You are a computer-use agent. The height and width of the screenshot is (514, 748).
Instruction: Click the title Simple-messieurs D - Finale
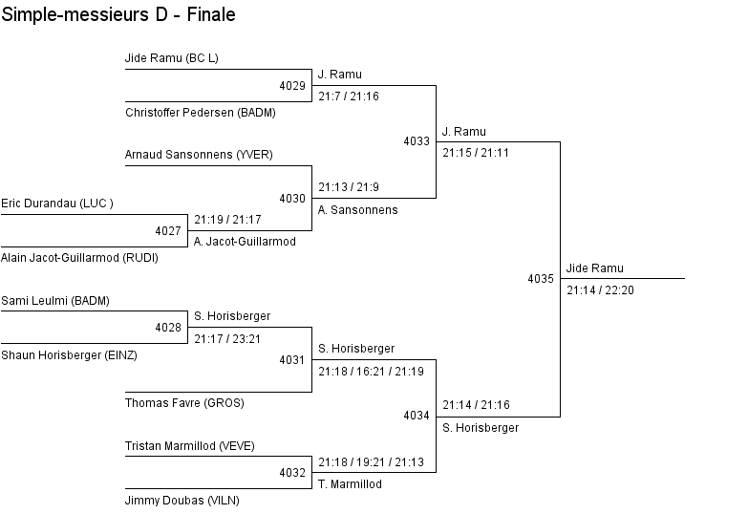coord(118,14)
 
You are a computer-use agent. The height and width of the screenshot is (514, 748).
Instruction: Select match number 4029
coord(292,86)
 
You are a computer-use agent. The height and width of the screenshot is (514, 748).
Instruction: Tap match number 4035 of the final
coord(541,279)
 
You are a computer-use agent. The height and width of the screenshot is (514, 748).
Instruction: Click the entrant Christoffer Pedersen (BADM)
coord(201,113)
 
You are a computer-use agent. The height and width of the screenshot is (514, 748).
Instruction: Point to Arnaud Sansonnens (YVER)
coord(199,155)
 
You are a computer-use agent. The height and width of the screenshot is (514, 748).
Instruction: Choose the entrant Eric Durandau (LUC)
coord(57,203)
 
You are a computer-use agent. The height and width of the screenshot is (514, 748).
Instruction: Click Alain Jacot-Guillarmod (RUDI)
coord(79,258)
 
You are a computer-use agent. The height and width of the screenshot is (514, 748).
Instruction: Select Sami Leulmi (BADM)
coord(55,301)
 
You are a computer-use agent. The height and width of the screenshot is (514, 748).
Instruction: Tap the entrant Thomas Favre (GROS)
coord(184,403)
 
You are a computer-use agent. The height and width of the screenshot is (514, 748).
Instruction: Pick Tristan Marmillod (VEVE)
coord(190,446)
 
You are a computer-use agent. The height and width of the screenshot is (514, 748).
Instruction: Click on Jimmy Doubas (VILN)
coord(182,501)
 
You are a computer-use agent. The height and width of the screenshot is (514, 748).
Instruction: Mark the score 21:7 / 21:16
coord(349,96)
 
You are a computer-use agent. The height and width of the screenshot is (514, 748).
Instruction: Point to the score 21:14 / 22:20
coord(600,290)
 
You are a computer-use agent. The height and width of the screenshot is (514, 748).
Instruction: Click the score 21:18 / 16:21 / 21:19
coord(372,372)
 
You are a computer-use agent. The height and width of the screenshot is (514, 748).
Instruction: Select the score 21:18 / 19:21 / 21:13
coord(372,462)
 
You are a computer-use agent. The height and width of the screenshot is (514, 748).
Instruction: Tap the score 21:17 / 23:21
coord(227,339)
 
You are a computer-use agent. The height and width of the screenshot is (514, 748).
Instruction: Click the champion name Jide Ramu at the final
coord(595,268)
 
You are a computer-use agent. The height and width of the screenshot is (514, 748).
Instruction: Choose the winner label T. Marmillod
coord(351,484)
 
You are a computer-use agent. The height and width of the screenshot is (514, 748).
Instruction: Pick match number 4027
coord(168,231)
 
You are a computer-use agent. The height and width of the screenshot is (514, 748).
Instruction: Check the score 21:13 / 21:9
coord(349,187)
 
